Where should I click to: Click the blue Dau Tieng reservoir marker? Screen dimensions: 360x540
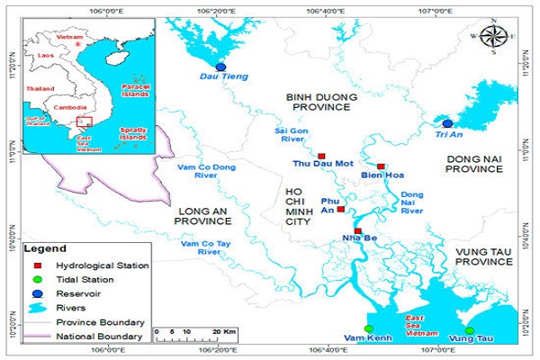click(221, 67)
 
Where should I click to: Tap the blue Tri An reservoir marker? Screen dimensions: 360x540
click(447, 123)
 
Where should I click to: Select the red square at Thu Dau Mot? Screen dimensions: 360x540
click(321, 157)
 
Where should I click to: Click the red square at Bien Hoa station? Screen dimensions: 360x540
click(382, 166)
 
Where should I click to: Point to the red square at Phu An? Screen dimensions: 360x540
click(340, 209)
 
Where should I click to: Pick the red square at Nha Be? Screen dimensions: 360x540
click(358, 231)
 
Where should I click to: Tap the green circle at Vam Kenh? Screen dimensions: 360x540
click(368, 328)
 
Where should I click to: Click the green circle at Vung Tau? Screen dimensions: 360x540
click(469, 330)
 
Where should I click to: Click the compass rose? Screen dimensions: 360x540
click(492, 37)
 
